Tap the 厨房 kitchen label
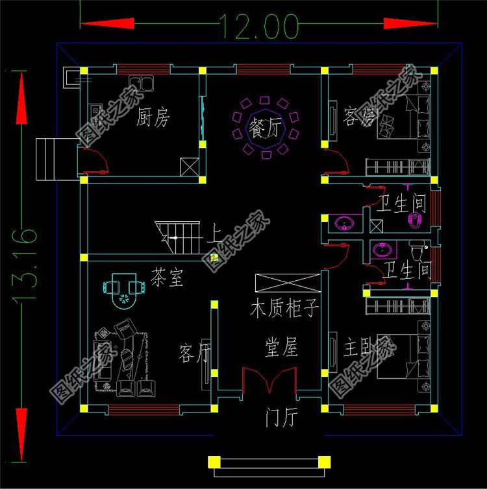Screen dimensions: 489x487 click(154, 118)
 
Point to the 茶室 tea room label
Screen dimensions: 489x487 click(167, 278)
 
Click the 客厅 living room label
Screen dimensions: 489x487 click(195, 354)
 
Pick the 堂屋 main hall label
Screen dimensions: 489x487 click(281, 348)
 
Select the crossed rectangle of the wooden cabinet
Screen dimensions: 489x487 click(288, 283)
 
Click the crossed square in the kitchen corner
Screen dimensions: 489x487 click(190, 167)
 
